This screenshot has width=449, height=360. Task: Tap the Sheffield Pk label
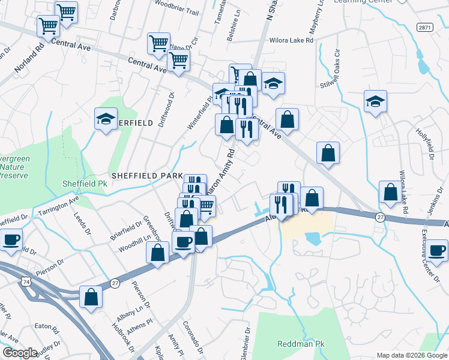85,183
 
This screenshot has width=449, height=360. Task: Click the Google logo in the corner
20,353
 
